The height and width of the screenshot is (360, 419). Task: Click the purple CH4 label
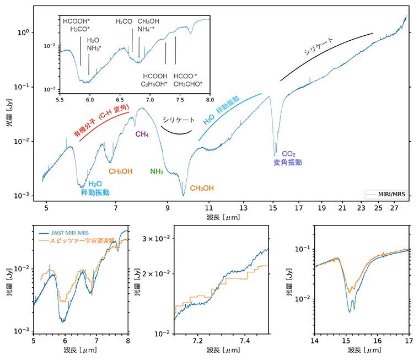coord(143,133)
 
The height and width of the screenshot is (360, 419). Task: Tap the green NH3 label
coord(157,172)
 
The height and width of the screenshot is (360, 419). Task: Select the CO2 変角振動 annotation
coord(287,158)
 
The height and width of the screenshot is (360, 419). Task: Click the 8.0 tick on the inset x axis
coord(210,100)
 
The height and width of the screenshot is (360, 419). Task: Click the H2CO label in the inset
coord(124,22)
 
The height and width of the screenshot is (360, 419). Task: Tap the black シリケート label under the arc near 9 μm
coord(179,120)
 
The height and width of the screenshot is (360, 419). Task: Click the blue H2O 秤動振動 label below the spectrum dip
coord(95,189)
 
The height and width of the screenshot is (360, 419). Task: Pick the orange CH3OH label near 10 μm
coord(202,188)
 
